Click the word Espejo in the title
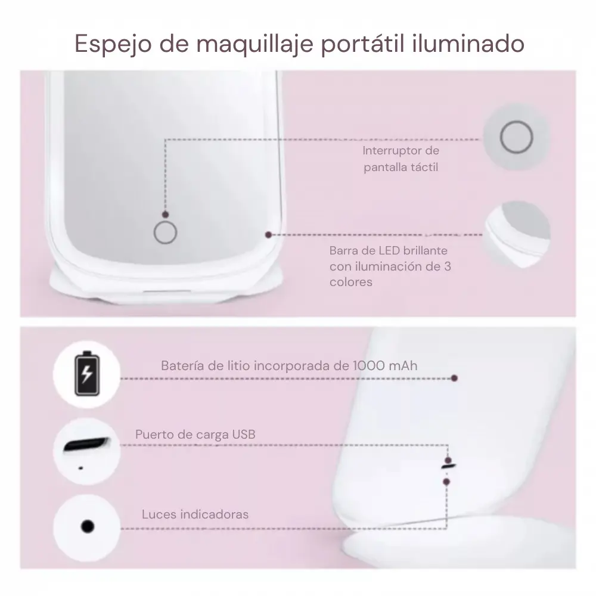pyautogui.click(x=113, y=44)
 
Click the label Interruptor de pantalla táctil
pyautogui.click(x=401, y=159)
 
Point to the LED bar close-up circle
pyautogui.click(x=517, y=234)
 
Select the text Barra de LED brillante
pyautogui.click(x=388, y=250)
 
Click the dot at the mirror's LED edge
pyautogui.click(x=268, y=235)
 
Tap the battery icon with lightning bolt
pyautogui.click(x=87, y=374)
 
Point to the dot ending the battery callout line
pyautogui.click(x=454, y=378)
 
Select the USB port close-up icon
pyautogui.click(x=86, y=451)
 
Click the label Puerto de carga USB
pyautogui.click(x=195, y=434)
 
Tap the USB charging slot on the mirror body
pyautogui.click(x=449, y=466)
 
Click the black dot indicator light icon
pyautogui.click(x=88, y=526)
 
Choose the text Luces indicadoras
pyautogui.click(x=195, y=514)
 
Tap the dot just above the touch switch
pyautogui.click(x=165, y=215)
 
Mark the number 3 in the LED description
pyautogui.click(x=448, y=266)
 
